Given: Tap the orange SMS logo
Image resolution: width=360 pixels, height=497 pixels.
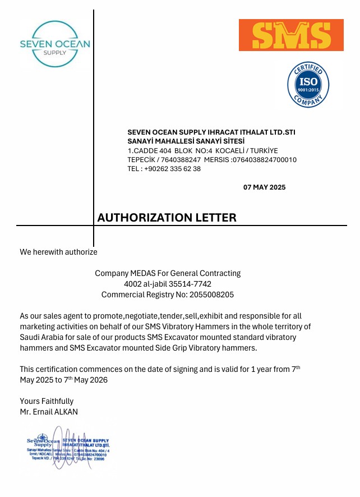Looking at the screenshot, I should (x=291, y=35).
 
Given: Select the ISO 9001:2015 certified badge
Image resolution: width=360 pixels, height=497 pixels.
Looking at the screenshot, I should (x=308, y=85).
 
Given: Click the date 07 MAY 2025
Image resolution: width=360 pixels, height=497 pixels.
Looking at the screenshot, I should (x=264, y=187).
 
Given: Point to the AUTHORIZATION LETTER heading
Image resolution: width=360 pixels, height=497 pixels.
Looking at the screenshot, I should (x=167, y=218).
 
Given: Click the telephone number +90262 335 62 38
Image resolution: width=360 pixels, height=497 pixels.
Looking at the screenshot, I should (x=172, y=168).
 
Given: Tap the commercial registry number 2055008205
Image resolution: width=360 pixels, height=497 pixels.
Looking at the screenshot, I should (x=210, y=294).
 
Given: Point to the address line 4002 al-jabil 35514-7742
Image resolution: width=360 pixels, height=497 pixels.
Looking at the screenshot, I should (x=167, y=284).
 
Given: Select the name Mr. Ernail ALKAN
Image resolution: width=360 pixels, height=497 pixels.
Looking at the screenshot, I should (x=49, y=412).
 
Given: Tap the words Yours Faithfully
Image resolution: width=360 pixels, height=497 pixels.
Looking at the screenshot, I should (x=47, y=401).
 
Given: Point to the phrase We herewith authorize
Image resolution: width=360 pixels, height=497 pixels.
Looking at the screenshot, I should (x=58, y=252).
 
